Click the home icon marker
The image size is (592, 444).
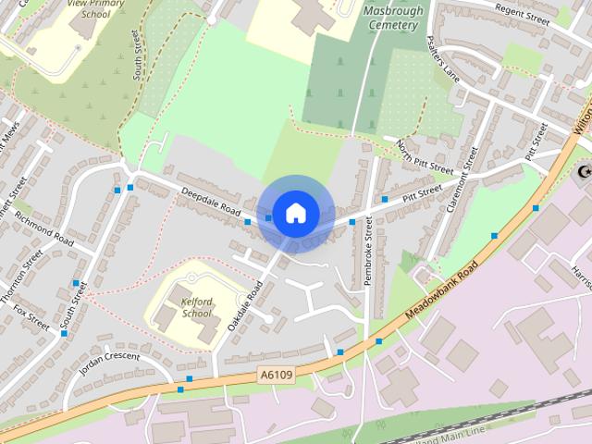pyautogui.click(x=294, y=214)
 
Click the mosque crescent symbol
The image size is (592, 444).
pyautogui.click(x=584, y=172)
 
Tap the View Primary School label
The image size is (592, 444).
pyautogui.click(x=95, y=9)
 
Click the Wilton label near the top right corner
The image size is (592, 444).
pyautogui.click(x=583, y=118)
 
